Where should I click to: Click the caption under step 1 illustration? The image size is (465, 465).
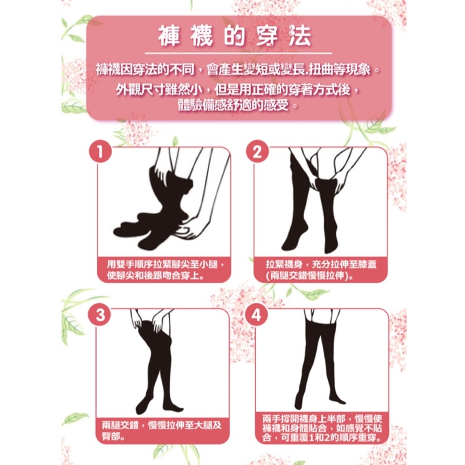[x=164, y=270]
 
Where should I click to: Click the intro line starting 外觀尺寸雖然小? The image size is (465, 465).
[x=237, y=88]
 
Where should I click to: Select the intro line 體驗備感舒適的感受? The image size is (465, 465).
[x=237, y=105]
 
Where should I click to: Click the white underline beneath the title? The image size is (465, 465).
[x=235, y=53]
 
